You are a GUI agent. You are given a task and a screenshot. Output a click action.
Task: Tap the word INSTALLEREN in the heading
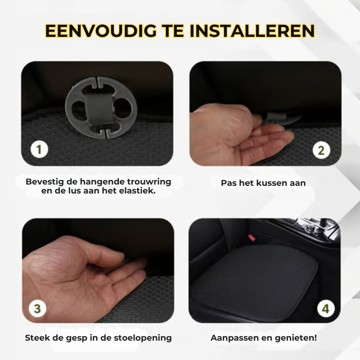pyautogui.click(x=252, y=31)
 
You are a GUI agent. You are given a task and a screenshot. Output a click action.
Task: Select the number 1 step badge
pyautogui.click(x=39, y=149)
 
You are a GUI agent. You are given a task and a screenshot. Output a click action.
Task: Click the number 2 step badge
pyautogui.click(x=321, y=150)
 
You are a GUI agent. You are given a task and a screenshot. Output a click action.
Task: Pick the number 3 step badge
pyautogui.click(x=37, y=309)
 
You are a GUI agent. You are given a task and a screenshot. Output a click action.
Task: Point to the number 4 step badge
pyautogui.click(x=326, y=308)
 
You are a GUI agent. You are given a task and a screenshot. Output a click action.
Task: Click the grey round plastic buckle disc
pyautogui.click(x=101, y=108)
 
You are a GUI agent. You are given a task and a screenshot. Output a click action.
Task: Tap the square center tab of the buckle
pyautogui.click(x=99, y=109)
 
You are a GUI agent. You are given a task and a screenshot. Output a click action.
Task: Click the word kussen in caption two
pyautogui.click(x=272, y=183)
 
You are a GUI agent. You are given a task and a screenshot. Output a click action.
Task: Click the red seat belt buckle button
pyautogui.click(x=252, y=238)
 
